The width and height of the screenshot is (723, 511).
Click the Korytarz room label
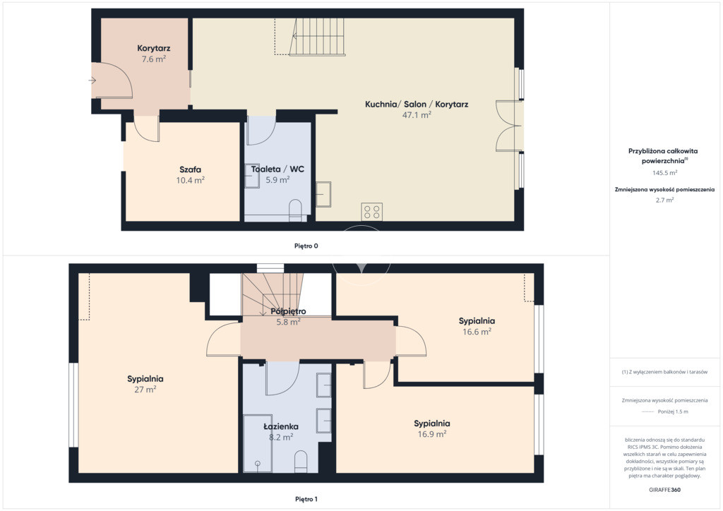pyautogui.click(x=153, y=49)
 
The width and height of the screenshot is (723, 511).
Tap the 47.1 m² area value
pyautogui.click(x=417, y=115)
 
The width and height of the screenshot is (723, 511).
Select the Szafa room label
pyautogui.click(x=190, y=169)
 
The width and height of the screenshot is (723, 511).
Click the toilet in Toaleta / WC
pyautogui.click(x=294, y=210)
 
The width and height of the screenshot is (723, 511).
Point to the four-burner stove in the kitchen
pyautogui.click(x=371, y=212)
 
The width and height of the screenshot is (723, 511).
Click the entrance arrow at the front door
pyautogui.click(x=92, y=80)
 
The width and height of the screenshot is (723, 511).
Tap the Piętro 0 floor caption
pyautogui.click(x=306, y=246)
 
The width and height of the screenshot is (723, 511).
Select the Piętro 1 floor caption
pyautogui.click(x=306, y=499)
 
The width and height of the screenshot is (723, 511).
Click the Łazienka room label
pyautogui.click(x=281, y=427)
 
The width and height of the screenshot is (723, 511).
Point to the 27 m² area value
pyautogui.click(x=145, y=390)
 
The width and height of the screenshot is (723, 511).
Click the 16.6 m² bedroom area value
pyautogui.click(x=477, y=332)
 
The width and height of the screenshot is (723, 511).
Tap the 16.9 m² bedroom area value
pyautogui.click(x=432, y=434)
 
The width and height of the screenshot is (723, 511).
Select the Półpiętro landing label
pyautogui.click(x=288, y=311)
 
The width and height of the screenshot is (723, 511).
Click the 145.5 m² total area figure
pyautogui.click(x=664, y=173)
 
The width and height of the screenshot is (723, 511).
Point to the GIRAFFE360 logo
pyautogui.click(x=664, y=490)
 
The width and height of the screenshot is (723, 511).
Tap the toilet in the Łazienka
pyautogui.click(x=301, y=461)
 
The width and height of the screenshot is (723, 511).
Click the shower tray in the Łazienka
pyautogui.click(x=257, y=443)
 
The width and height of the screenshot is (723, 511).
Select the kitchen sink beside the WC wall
pyautogui.click(x=323, y=194)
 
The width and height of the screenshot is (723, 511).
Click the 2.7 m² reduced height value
pyautogui.click(x=664, y=200)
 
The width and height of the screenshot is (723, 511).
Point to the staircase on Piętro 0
pyautogui.click(x=317, y=37)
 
